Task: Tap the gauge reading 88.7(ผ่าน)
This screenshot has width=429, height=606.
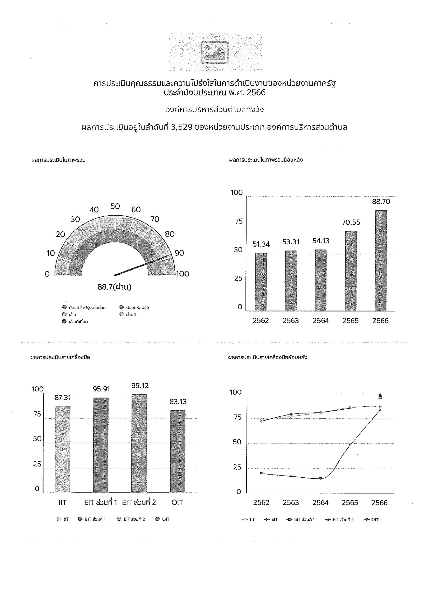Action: click(x=114, y=287)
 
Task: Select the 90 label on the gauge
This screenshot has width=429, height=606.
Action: click(x=179, y=253)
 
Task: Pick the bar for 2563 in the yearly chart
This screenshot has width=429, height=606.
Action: click(x=291, y=281)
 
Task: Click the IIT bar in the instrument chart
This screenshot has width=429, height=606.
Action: click(x=63, y=449)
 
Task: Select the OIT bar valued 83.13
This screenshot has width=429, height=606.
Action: click(x=178, y=451)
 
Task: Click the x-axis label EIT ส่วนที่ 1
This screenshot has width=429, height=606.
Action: click(x=100, y=502)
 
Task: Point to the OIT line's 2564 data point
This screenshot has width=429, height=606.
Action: click(x=320, y=478)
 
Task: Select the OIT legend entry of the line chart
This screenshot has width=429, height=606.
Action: click(x=371, y=519)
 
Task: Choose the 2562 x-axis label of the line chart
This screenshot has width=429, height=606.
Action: click(x=261, y=503)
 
